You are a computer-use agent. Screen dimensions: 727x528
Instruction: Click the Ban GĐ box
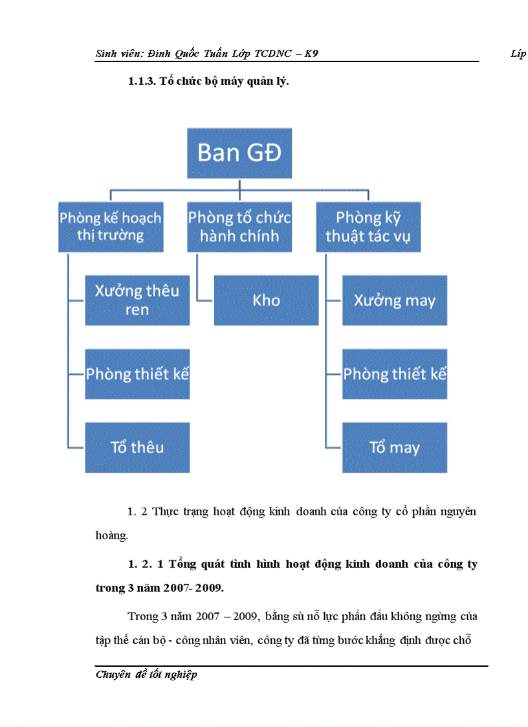point(239,153)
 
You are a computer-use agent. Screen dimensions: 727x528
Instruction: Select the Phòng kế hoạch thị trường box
point(110,227)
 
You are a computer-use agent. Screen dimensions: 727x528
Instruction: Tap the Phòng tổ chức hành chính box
point(239,227)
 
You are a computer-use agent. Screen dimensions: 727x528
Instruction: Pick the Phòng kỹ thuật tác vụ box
point(368,227)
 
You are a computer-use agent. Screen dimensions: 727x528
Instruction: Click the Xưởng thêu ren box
point(137,300)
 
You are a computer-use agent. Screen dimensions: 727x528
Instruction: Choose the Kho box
point(266,300)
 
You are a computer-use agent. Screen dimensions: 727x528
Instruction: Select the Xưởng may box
point(395,300)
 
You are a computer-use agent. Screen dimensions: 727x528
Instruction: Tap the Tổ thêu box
point(137,447)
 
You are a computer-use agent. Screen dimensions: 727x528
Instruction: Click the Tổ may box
point(395,447)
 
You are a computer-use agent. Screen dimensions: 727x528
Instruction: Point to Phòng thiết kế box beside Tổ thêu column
point(137,374)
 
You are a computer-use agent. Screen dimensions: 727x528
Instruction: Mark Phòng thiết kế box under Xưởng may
point(395,374)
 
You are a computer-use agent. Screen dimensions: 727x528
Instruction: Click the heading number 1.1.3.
point(142,82)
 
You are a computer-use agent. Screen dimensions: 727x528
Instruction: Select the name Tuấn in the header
point(218,54)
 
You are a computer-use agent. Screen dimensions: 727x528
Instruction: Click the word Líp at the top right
point(518,54)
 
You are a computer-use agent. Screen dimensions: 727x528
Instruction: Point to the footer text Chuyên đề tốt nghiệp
point(146,675)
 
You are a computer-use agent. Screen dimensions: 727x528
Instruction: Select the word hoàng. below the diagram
point(107,535)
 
